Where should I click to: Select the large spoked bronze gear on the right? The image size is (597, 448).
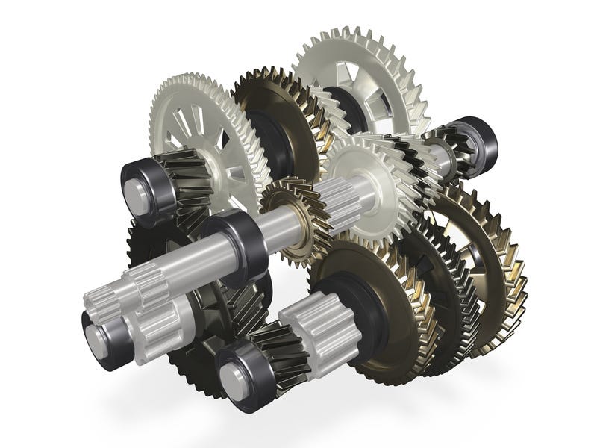pyautogui.click(x=478, y=239)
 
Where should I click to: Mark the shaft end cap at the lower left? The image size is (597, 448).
pyautogui.click(x=98, y=340)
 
